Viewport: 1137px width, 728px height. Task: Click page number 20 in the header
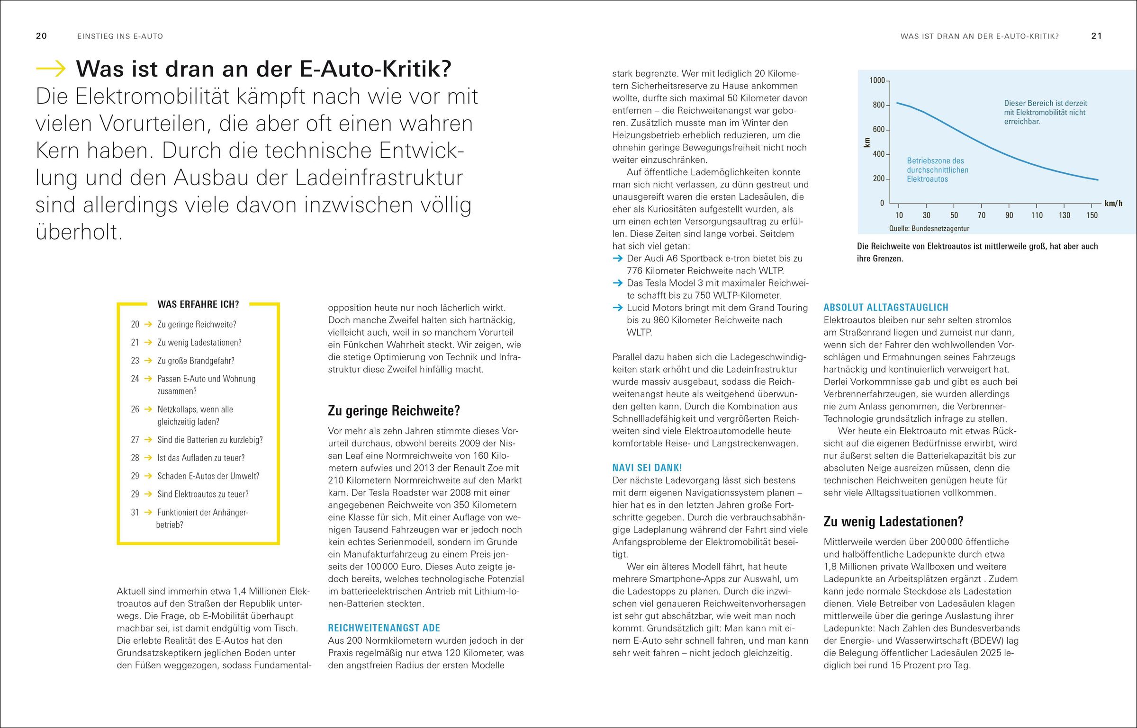(41, 36)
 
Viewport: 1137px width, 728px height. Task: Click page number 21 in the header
(1096, 36)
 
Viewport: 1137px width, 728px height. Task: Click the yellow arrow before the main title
(51, 69)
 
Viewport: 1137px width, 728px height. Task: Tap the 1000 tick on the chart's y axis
(877, 80)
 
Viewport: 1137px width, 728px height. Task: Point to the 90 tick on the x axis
(1009, 215)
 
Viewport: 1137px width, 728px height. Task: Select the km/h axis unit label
(1113, 204)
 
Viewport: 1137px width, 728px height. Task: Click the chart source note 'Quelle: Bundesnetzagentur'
(929, 229)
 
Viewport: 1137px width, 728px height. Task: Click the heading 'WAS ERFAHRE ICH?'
(198, 304)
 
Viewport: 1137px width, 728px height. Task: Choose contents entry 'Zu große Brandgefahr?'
(196, 361)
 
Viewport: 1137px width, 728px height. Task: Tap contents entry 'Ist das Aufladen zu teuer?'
(201, 458)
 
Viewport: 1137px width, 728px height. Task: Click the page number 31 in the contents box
(135, 512)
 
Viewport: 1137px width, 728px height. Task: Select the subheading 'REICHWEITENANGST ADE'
(384, 628)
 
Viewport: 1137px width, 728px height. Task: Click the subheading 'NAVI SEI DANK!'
(647, 468)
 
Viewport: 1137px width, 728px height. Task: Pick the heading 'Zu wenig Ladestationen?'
(893, 522)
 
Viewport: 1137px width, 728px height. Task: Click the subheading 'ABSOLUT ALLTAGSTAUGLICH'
(885, 308)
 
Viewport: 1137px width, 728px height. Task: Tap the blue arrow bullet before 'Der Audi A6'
(617, 258)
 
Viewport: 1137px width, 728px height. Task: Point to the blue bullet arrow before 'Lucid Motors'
(617, 308)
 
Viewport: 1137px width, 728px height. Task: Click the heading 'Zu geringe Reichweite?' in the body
(394, 410)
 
